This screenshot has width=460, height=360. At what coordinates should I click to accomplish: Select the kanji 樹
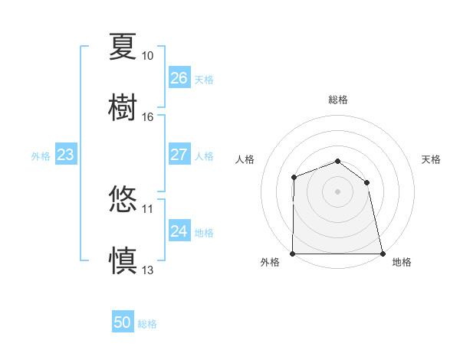[123, 106]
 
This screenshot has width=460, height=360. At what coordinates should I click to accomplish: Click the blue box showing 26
[179, 78]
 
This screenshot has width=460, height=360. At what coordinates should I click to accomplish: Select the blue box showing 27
[179, 155]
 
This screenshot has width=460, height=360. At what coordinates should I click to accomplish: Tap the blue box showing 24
[179, 231]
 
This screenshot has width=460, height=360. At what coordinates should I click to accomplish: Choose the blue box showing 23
[65, 155]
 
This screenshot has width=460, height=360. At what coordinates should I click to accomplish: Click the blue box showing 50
[123, 322]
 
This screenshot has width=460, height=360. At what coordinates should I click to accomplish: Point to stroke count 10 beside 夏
[148, 56]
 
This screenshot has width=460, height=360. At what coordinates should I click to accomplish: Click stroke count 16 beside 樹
[148, 117]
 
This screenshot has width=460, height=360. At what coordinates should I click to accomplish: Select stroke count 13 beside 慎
[148, 270]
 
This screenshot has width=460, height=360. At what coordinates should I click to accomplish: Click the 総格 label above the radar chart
[338, 100]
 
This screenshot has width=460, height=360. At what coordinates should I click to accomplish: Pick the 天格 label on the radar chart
[432, 159]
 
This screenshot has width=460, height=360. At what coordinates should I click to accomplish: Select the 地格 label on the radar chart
[402, 263]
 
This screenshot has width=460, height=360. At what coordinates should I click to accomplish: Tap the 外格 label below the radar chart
[270, 263]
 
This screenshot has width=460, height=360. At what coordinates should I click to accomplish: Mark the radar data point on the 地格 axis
[382, 254]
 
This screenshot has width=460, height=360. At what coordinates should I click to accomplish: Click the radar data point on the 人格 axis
[294, 178]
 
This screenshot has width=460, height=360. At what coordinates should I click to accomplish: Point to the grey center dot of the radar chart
[337, 191]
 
